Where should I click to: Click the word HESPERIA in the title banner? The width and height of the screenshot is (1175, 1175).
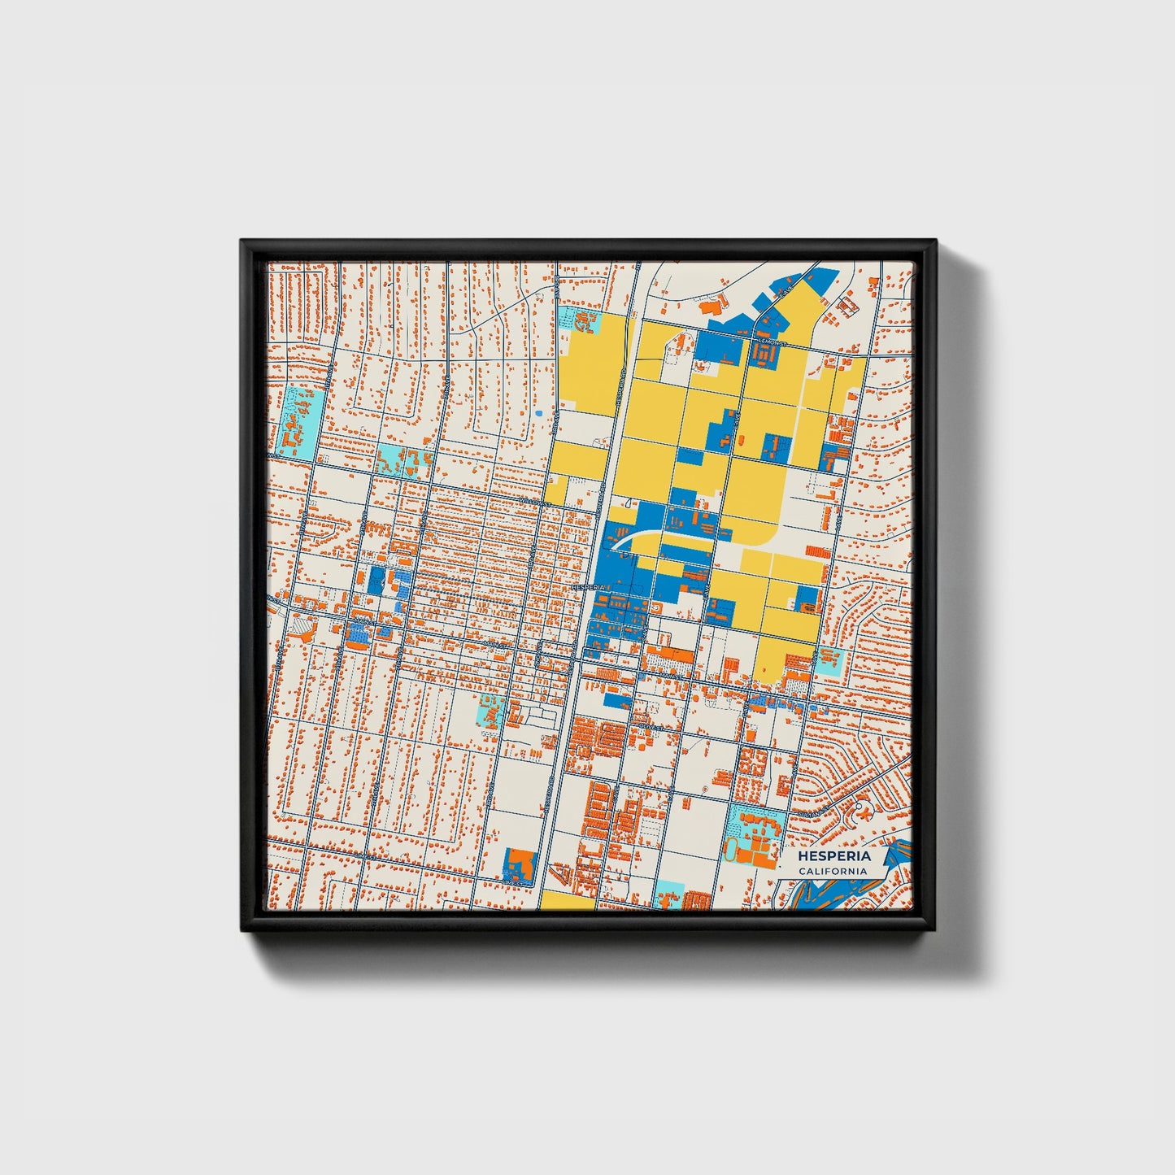[x=833, y=856]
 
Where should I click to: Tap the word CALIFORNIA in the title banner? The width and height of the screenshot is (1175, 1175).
[x=832, y=871]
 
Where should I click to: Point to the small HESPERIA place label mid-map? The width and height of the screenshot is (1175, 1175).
[x=587, y=586]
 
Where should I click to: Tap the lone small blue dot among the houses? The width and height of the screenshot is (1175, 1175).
[x=537, y=413]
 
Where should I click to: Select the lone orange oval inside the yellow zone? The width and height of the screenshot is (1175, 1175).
[x=677, y=346]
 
